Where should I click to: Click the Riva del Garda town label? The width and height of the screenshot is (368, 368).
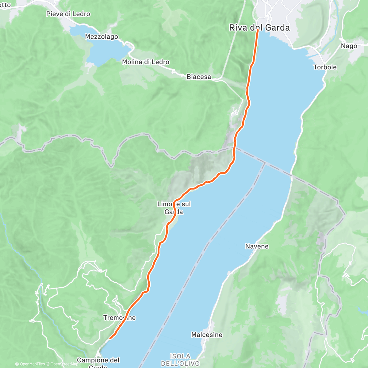pyautogui.click(x=259, y=28)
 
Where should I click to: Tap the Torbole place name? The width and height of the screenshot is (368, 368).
pyautogui.click(x=325, y=67)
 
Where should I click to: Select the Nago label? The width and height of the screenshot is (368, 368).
pyautogui.click(x=349, y=46)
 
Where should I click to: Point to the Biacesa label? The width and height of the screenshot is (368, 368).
pyautogui.click(x=199, y=77)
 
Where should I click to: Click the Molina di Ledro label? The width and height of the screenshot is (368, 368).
pyautogui.click(x=145, y=62)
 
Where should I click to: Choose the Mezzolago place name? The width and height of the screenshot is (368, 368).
pyautogui.click(x=102, y=37)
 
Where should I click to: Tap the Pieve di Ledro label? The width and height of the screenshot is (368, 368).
pyautogui.click(x=68, y=14)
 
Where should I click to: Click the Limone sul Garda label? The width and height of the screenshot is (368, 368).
pyautogui.click(x=174, y=208)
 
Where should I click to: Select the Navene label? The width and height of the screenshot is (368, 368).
pyautogui.click(x=257, y=246)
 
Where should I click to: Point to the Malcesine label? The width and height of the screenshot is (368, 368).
pyautogui.click(x=207, y=335)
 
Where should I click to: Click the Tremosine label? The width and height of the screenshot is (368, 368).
pyautogui.click(x=119, y=318)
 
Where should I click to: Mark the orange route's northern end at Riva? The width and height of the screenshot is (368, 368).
pyautogui.click(x=258, y=30)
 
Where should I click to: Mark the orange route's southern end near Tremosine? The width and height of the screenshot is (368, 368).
pyautogui.click(x=110, y=338)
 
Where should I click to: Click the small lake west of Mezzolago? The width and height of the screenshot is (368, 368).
pyautogui.click(x=78, y=31)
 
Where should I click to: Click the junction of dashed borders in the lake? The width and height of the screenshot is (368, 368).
pyautogui.click(x=265, y=163)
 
